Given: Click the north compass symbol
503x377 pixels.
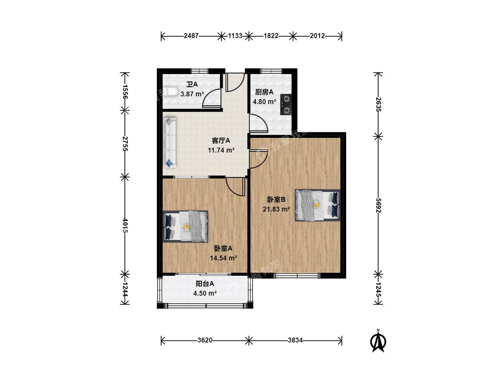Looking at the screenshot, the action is [x=378, y=340].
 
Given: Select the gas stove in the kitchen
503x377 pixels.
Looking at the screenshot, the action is [x=286, y=105].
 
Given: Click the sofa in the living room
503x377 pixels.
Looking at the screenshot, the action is [x=170, y=142].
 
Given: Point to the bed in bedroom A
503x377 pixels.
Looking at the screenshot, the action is [x=186, y=226].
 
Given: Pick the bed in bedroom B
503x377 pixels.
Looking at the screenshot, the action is [x=317, y=205].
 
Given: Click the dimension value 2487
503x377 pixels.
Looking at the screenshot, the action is [x=191, y=36].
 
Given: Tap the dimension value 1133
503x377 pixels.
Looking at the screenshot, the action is [x=235, y=36].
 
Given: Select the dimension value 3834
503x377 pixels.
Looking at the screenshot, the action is [x=295, y=340].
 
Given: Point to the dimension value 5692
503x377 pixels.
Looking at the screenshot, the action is [x=378, y=205].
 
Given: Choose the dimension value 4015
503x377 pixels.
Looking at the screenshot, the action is [x=126, y=226].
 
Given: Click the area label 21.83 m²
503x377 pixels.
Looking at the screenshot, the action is [x=276, y=209].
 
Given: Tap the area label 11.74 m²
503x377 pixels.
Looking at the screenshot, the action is [x=221, y=150].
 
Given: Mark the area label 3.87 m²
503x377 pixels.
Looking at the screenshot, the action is [x=192, y=94].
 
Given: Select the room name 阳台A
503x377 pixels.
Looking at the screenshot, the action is [x=205, y=284].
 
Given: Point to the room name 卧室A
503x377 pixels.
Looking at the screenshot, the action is [x=223, y=248].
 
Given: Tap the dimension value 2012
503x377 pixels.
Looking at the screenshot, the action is [x=317, y=36].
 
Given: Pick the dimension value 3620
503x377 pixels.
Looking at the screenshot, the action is [x=205, y=340].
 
